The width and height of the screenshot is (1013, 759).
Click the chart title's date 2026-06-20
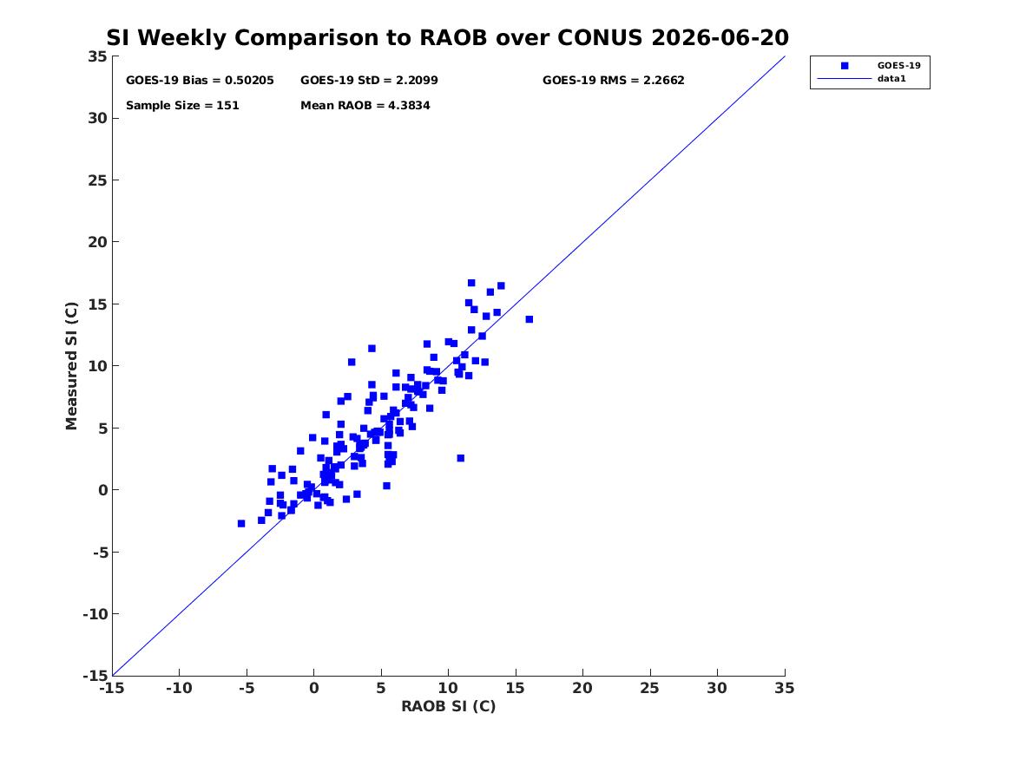click(720, 37)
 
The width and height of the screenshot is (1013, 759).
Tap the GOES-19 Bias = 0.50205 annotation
click(200, 80)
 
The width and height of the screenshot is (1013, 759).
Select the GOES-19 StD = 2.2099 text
click(369, 80)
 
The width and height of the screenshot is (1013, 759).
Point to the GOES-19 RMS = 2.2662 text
click(613, 80)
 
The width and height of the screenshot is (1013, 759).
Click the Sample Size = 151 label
click(182, 105)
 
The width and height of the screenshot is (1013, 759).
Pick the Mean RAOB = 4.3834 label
click(365, 105)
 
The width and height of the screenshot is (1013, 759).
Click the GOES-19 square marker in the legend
click(845, 65)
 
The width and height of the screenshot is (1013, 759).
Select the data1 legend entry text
click(891, 78)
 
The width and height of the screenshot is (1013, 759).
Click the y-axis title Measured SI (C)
click(71, 366)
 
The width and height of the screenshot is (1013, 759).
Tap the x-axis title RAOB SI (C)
click(449, 706)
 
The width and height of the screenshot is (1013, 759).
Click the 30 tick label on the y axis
click(97, 118)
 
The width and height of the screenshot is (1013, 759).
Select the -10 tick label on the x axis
click(179, 688)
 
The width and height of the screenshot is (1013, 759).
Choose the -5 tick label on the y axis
click(97, 552)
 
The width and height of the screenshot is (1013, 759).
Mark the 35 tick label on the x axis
click(785, 688)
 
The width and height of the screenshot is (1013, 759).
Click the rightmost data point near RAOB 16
click(530, 319)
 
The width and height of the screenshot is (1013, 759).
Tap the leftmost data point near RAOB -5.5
click(241, 523)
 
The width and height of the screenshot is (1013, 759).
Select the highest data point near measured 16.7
click(471, 283)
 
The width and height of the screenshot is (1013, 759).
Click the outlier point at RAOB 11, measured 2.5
click(461, 458)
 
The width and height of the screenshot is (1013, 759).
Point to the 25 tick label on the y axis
click(97, 180)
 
